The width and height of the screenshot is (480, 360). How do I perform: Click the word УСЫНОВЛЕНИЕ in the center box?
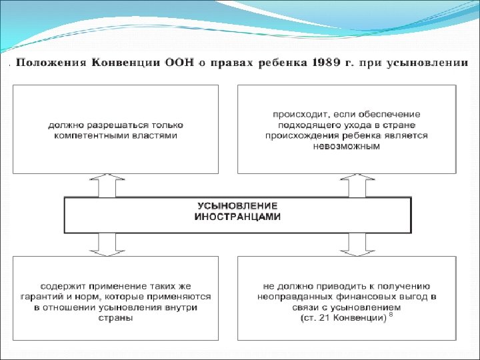pos(237,207)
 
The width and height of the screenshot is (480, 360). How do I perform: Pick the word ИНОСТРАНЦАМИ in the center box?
pos(237,217)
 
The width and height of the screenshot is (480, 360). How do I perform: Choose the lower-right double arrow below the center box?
pos(353,245)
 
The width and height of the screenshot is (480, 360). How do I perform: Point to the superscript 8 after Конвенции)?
pos(391,315)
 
